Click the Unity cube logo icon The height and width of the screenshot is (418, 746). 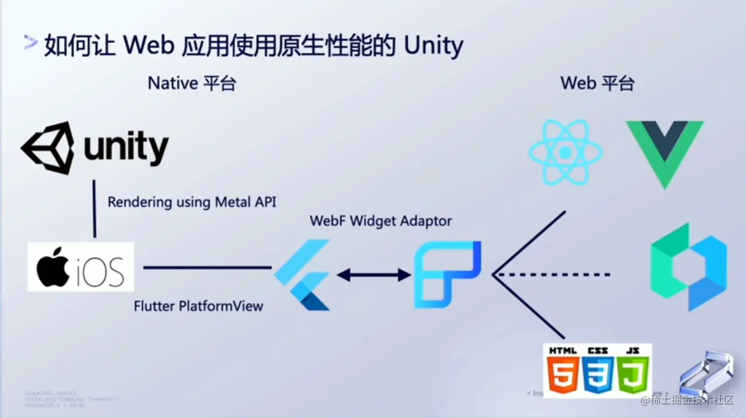[48, 147]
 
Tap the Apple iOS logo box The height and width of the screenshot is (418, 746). [80, 267]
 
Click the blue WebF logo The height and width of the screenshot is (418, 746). [447, 274]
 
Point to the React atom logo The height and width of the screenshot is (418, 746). [565, 153]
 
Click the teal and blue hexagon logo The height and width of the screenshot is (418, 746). [688, 266]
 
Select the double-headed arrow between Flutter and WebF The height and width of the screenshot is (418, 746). [374, 275]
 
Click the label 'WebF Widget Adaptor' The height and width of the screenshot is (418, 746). [380, 222]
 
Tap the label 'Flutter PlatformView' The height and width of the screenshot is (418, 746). [198, 305]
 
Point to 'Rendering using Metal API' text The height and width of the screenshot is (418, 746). [192, 202]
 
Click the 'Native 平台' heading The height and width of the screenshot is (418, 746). [192, 83]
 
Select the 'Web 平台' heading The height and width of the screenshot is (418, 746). [597, 83]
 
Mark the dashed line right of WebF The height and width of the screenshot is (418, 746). [554, 274]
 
